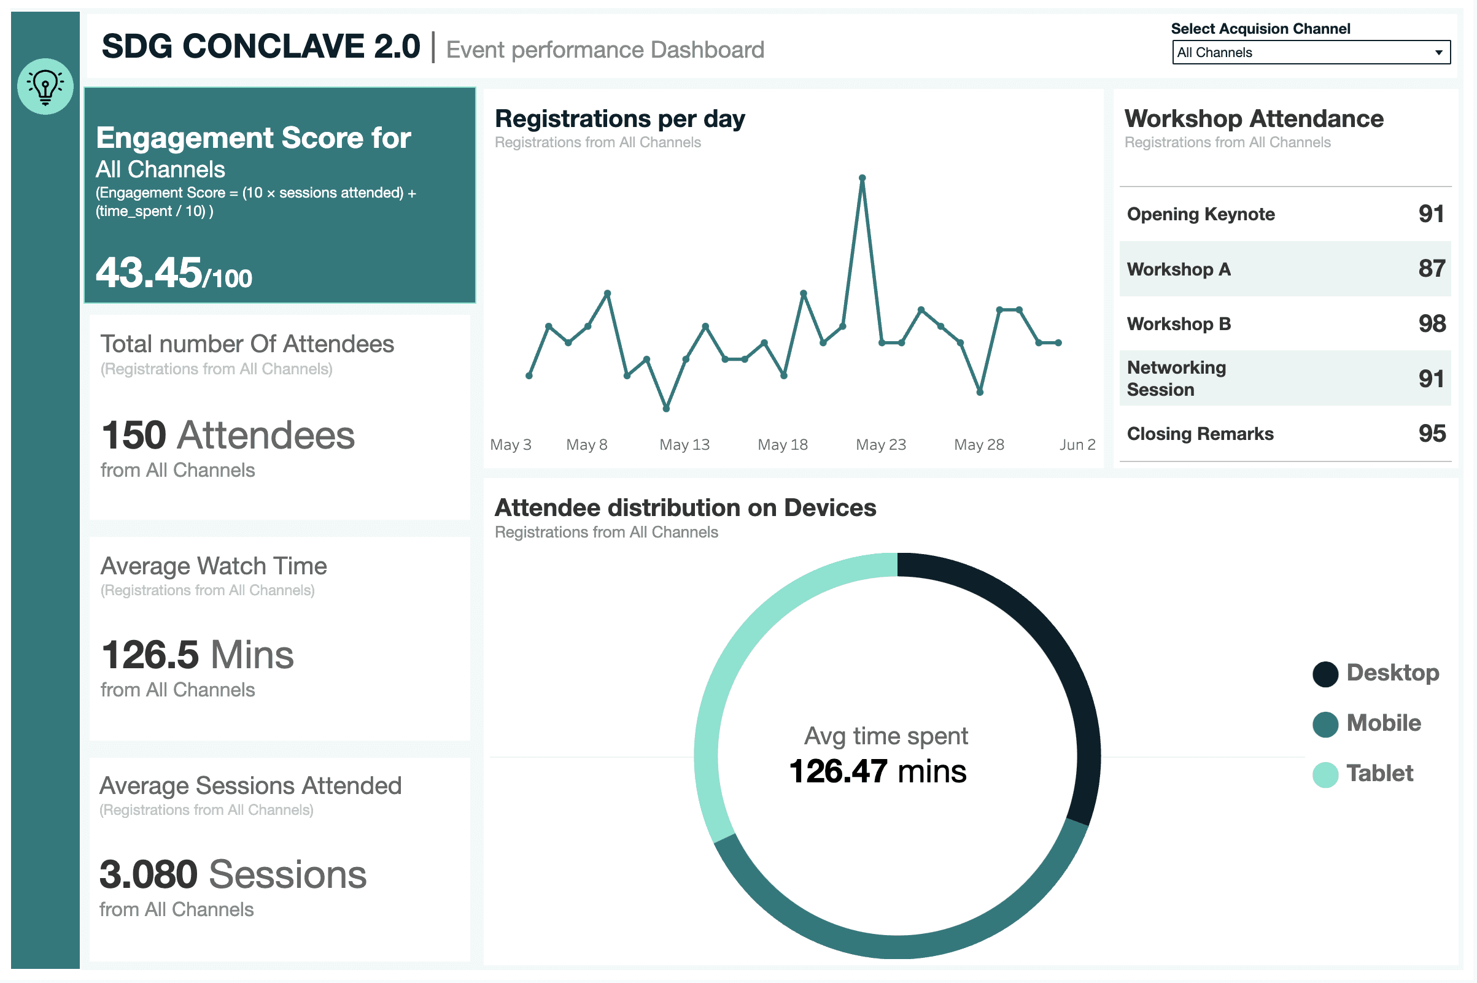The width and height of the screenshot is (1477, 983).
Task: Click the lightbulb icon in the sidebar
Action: [x=45, y=87]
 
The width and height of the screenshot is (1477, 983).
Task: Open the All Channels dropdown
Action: [x=1311, y=53]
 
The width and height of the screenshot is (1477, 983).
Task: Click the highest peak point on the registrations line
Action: [x=863, y=178]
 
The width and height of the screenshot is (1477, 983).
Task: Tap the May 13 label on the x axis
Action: [x=684, y=444]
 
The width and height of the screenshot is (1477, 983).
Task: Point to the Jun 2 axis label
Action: [x=1077, y=444]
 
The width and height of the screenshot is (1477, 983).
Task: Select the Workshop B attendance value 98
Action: [x=1432, y=323]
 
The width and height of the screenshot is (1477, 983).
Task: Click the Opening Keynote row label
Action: [x=1200, y=214]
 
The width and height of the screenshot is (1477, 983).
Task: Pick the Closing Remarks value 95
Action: [x=1432, y=433]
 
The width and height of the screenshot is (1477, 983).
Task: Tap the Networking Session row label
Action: [x=1176, y=378]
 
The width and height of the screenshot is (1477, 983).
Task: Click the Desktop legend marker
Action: [x=1325, y=674]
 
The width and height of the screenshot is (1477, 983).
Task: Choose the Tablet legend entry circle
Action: [x=1325, y=774]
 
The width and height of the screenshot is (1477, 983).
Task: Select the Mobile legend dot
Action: [x=1325, y=724]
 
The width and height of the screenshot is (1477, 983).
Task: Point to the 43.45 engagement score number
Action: [x=149, y=272]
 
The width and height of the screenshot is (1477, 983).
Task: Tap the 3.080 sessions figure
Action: [x=149, y=874]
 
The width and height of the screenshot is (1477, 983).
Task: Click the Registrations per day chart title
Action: [x=619, y=119]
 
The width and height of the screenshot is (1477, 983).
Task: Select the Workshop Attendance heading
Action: [x=1254, y=118]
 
